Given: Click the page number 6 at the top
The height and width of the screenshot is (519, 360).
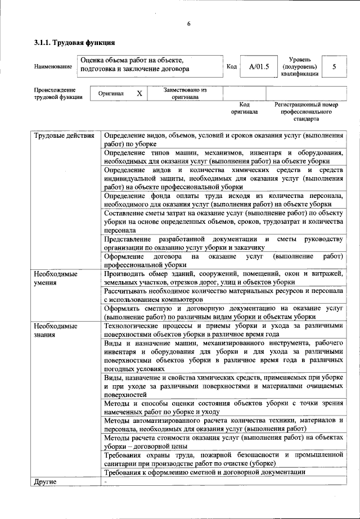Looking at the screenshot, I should point(189,23).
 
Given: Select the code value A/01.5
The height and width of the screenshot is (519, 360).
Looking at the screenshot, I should point(259,67).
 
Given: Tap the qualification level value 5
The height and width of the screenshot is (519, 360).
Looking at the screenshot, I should point(335,67).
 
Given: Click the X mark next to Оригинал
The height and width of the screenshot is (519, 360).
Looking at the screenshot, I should point(139,93).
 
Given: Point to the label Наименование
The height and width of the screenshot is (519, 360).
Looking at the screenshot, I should point(53,67).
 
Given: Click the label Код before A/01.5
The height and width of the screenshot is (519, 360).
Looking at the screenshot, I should point(231,67).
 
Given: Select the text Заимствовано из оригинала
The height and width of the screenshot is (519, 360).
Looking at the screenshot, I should point(185,93).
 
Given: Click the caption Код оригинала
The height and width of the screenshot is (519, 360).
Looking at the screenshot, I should point(244,108).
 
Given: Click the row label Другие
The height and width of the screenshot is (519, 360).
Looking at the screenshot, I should point(45,482).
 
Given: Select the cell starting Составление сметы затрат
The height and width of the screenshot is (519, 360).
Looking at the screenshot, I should point(223,222).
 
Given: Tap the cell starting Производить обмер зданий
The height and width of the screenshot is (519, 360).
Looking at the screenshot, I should point(223,278).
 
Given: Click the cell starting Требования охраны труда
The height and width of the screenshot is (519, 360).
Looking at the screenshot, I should point(223,458).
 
